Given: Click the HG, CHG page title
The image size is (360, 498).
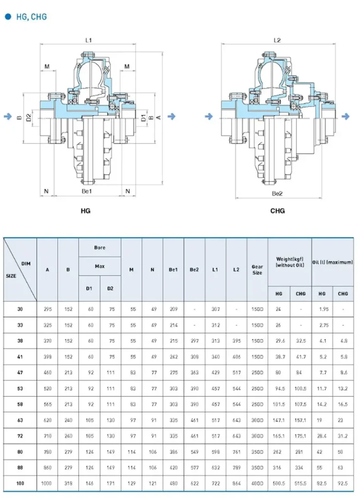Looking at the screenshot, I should [32, 17].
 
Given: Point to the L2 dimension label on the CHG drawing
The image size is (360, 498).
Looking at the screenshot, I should [277, 40].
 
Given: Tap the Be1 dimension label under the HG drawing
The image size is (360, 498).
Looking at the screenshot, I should [87, 192].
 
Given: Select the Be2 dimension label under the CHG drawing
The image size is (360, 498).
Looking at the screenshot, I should [277, 194].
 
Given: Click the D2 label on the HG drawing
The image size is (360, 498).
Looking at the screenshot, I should [29, 117].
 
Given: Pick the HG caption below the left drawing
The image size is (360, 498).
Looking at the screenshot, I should [85, 211].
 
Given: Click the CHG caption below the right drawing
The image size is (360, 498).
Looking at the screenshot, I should [277, 211].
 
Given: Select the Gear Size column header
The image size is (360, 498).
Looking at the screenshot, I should [257, 270].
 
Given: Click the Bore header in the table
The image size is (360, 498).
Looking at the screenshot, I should [100, 248].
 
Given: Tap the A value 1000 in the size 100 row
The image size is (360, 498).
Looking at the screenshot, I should [47, 484].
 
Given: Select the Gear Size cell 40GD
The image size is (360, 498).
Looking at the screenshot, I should [257, 484].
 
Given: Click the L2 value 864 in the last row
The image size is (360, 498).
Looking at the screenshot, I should [236, 484].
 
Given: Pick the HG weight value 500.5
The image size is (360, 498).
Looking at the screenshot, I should [279, 484].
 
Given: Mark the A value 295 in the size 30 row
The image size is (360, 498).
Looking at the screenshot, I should [47, 309].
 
